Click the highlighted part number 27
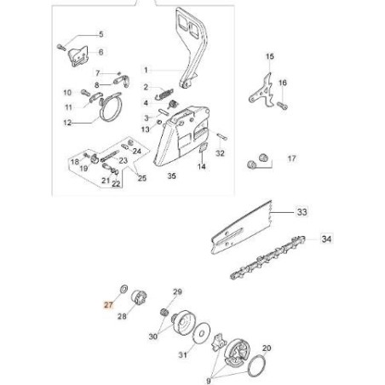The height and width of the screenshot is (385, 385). click(x=107, y=304)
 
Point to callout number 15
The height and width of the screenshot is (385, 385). click(x=270, y=57)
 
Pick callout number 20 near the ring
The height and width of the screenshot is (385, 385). click(x=267, y=348)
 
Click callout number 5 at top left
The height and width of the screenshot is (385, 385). click(x=100, y=34)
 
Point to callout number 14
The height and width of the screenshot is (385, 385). click(x=202, y=168)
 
